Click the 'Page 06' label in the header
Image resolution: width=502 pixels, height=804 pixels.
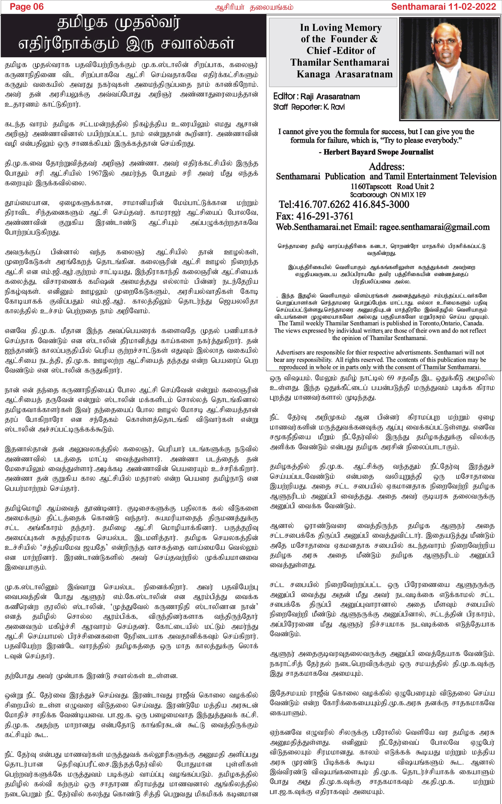pos(26,7)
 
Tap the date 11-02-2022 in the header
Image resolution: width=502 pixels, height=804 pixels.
pos(470,7)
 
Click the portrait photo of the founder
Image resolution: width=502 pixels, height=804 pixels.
pos(450,69)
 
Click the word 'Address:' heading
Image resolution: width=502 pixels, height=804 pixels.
pos(386,166)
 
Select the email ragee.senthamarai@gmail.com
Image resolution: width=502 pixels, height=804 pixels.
pos(434,227)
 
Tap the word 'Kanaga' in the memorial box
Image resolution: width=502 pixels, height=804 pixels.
pos(313,74)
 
